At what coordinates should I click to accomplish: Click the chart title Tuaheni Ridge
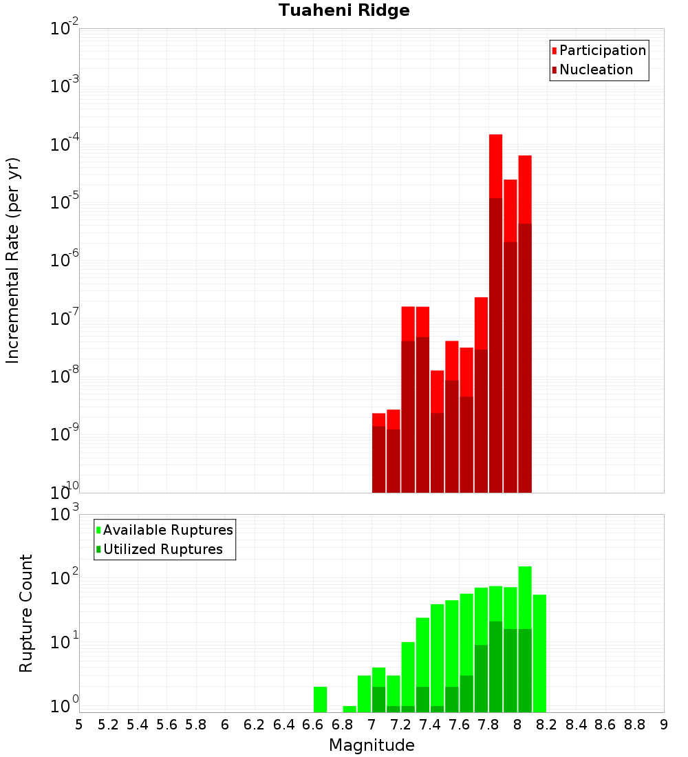[344, 10]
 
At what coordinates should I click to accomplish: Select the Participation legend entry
[599, 50]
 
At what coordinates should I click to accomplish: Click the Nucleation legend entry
[592, 70]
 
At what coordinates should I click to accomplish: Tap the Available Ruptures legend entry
[164, 530]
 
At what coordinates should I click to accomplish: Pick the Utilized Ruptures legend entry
[160, 549]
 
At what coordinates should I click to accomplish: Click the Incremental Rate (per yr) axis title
[12, 261]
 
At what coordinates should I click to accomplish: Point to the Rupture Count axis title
[25, 614]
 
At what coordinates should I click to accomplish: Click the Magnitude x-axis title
[372, 745]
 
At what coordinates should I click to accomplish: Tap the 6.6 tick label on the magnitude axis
[313, 725]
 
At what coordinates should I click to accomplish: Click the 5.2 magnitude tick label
[108, 725]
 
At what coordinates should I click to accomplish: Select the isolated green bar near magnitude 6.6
[320, 699]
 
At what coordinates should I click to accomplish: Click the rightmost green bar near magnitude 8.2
[539, 653]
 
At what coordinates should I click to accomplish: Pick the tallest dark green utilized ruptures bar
[495, 667]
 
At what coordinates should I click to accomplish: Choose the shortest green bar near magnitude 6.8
[350, 709]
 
